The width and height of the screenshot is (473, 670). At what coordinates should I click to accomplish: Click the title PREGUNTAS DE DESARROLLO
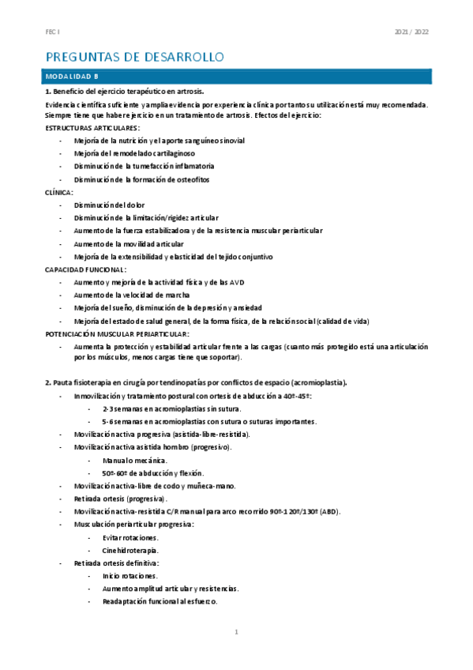click(136, 57)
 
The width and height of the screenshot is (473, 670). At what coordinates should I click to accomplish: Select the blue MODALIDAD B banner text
click(73, 77)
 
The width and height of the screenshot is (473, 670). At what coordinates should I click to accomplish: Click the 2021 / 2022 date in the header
click(411, 33)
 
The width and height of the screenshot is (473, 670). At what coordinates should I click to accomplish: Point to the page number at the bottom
click(236, 632)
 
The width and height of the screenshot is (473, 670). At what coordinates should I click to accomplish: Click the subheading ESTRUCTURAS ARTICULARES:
click(93, 127)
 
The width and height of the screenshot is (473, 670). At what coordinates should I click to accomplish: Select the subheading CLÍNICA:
click(59, 192)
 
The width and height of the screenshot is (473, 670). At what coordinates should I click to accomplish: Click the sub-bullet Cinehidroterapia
click(130, 550)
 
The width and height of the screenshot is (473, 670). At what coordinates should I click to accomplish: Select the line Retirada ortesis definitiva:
click(116, 563)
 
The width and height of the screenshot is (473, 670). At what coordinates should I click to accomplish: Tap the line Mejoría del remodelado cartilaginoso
click(135, 153)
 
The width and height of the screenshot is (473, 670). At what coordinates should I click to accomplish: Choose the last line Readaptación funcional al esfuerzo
click(160, 601)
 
